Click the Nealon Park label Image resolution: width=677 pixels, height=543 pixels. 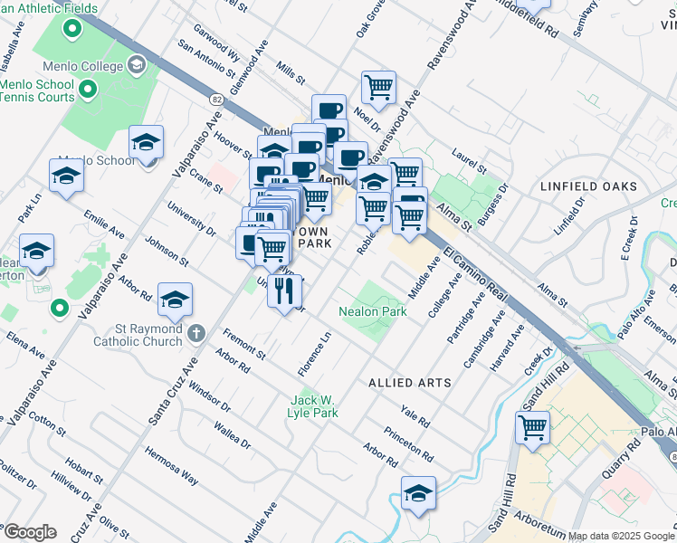coord(373,311)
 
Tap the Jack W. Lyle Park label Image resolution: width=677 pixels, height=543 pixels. coord(314,406)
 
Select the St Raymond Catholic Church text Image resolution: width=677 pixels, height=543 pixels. coord(138,336)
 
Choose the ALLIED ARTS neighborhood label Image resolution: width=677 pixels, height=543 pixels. coord(409,383)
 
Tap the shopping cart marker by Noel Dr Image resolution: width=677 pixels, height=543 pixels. coord(378,88)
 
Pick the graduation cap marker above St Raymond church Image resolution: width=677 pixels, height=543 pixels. coord(176,299)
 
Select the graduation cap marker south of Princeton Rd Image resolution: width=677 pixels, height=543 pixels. coord(418,493)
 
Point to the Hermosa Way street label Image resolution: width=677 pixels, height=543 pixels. coord(175,465)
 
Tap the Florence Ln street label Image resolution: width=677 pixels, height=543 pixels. coord(315,356)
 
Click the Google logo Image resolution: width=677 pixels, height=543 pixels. coord(30,532)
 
